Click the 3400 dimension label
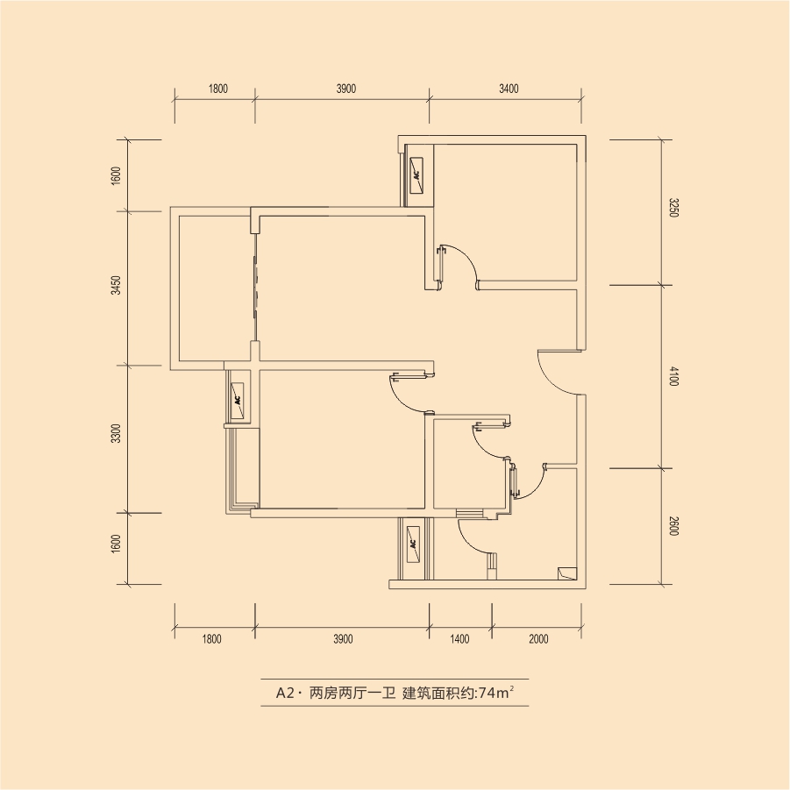click(x=509, y=89)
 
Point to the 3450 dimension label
click(x=117, y=285)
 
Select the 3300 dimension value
click(x=117, y=433)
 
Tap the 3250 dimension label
click(x=674, y=208)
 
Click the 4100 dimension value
click(x=674, y=377)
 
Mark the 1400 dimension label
click(x=459, y=639)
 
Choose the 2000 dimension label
click(x=538, y=639)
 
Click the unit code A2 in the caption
click(x=285, y=694)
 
